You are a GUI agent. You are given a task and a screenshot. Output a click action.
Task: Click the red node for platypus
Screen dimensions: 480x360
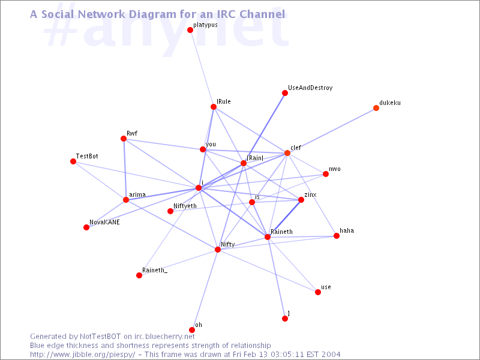190,30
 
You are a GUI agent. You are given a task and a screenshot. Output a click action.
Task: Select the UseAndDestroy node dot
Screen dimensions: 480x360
285,93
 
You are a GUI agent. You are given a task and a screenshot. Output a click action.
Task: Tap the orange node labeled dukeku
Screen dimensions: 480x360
376,108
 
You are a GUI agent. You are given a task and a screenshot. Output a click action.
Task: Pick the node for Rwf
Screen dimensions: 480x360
124,139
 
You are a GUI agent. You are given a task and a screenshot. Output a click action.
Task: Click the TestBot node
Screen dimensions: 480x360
73,161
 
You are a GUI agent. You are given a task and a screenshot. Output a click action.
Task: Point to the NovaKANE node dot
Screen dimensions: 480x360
86,227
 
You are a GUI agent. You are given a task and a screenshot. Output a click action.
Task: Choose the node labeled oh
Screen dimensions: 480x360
192,330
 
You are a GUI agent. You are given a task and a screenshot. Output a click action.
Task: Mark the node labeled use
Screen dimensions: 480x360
318,292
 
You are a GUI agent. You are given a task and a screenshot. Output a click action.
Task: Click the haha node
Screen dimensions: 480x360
337,236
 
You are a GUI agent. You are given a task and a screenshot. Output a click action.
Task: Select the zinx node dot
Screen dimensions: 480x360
301,200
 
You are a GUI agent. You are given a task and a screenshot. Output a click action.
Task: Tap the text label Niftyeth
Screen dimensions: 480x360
185,206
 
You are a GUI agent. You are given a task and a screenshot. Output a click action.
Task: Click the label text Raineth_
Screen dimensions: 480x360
155,271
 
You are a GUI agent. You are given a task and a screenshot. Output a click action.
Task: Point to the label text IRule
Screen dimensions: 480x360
224,101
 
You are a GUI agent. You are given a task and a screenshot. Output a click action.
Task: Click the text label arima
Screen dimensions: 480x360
137,194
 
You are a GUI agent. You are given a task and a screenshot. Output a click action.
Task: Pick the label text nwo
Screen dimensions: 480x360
335,169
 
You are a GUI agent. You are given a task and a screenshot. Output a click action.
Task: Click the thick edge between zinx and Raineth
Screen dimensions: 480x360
284,218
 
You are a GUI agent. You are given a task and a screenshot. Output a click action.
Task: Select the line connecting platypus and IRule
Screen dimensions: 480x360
202,68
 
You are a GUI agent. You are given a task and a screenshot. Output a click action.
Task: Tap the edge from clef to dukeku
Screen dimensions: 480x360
332,130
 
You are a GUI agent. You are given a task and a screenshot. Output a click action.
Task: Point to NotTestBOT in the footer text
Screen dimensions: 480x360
100,337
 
